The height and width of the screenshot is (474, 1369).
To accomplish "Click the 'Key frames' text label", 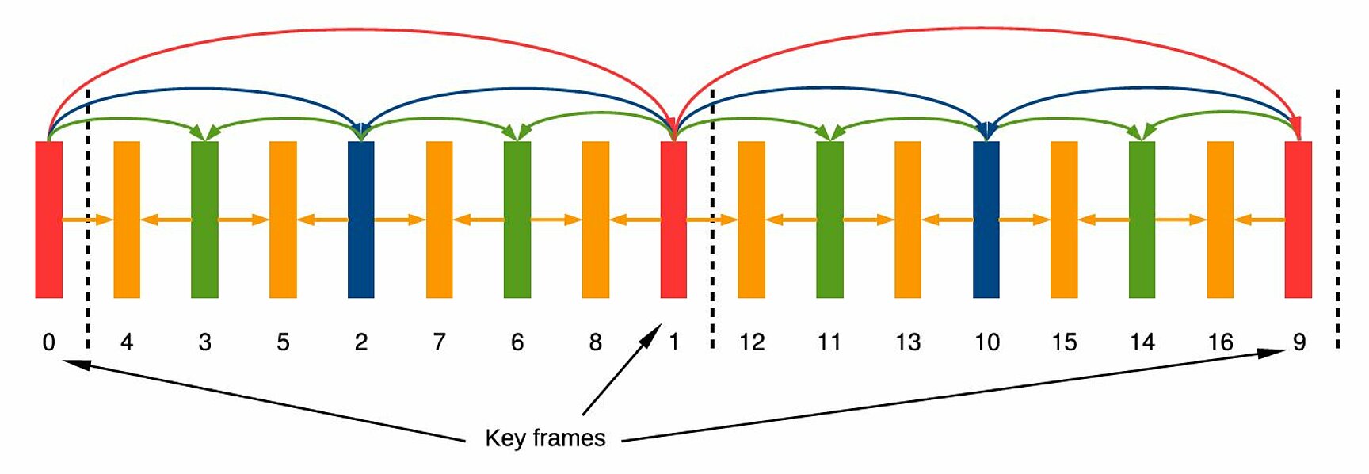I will (x=545, y=438).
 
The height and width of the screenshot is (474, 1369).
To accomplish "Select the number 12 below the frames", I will (x=751, y=342).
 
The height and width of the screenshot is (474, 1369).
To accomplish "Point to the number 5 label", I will (x=283, y=342).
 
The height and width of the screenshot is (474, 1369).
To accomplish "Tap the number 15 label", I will (x=1064, y=342).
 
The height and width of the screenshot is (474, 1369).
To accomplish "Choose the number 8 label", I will (x=595, y=342).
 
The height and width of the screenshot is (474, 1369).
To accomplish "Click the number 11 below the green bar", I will (x=829, y=342).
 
